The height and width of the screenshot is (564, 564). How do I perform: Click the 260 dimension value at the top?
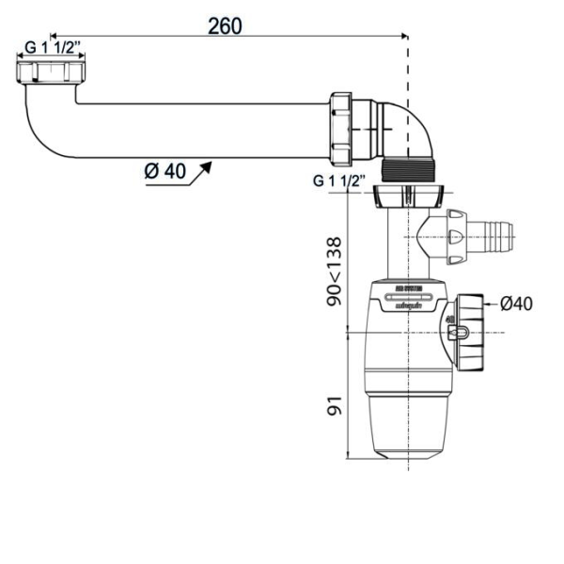pos(225,25)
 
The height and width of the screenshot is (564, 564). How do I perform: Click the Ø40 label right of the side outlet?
pos(516,303)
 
